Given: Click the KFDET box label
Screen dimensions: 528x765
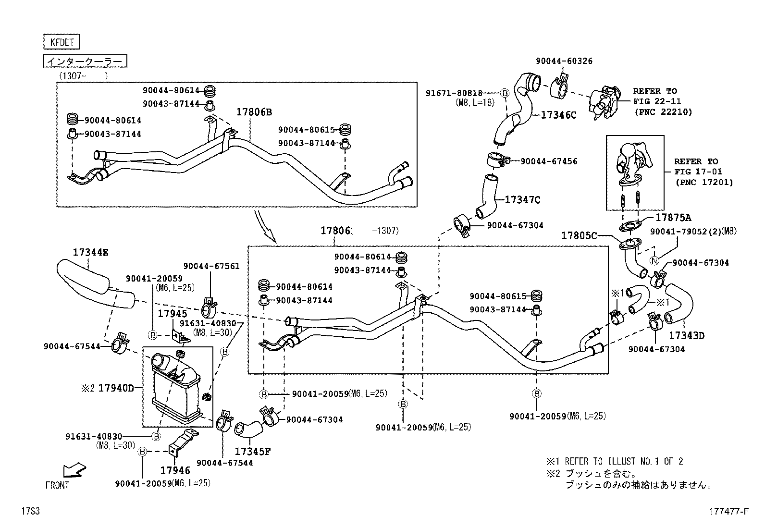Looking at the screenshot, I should point(62,42).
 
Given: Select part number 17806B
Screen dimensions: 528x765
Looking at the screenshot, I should point(254,112).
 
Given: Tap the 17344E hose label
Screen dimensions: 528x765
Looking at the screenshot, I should point(91,252).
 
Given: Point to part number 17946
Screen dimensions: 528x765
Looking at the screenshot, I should point(175,471).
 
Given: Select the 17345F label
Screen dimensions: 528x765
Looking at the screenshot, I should point(253,452).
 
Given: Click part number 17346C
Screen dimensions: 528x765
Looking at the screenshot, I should point(558,115).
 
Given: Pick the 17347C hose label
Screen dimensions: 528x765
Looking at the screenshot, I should point(522,200).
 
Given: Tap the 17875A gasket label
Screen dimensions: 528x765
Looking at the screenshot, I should point(673,218).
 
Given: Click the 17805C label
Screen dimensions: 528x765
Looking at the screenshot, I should point(580,235).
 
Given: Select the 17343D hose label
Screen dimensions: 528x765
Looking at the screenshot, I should point(687,335).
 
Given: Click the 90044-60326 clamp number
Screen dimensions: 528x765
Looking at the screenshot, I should point(564,61).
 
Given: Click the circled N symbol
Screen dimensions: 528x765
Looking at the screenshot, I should point(654,261).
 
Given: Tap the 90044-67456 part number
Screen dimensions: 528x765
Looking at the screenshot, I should point(549,161).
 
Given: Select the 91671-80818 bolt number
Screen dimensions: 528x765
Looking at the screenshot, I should point(454,93).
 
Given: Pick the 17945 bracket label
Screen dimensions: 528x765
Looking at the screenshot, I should point(173,314).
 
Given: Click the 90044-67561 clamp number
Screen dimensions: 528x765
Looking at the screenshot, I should point(211,266).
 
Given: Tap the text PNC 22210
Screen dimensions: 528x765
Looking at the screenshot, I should point(663,112).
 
